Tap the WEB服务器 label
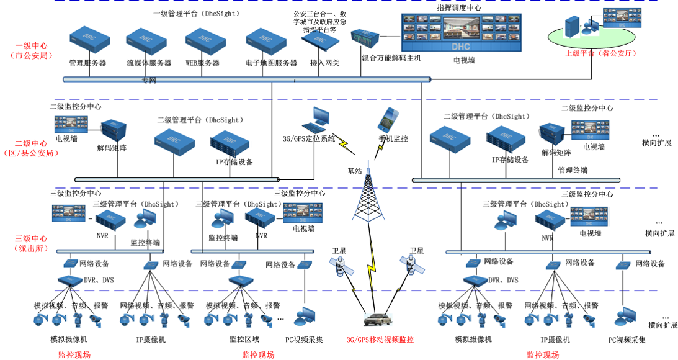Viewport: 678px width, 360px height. (x=203, y=63)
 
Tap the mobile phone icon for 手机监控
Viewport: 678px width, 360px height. (x=389, y=119)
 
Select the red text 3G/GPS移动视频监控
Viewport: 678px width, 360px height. (x=380, y=340)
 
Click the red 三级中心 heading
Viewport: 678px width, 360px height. (x=31, y=238)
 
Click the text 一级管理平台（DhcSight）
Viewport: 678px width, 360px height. (x=196, y=13)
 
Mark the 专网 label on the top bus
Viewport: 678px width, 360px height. (x=149, y=81)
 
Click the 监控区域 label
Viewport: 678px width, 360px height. (x=244, y=340)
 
